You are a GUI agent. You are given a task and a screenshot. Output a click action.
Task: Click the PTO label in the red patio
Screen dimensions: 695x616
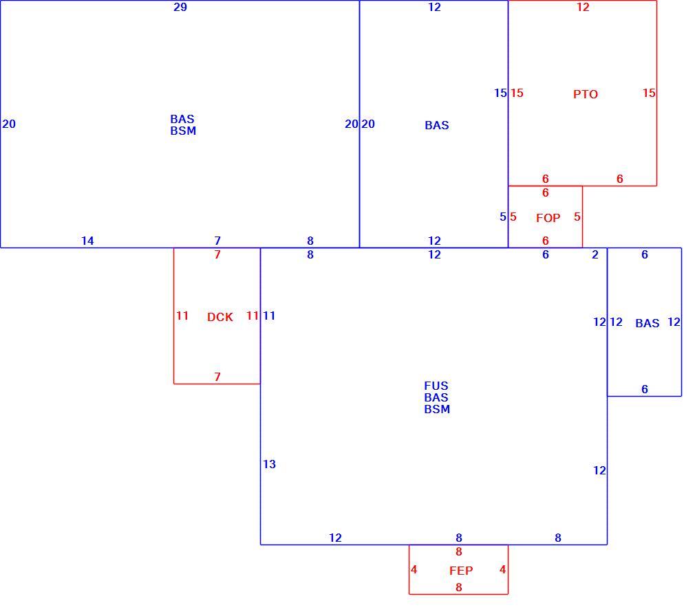585,94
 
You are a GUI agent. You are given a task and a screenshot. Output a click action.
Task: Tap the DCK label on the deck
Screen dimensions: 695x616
220,317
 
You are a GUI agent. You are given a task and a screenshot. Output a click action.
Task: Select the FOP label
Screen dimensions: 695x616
548,218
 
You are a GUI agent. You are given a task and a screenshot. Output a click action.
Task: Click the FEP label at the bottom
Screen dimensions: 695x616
461,571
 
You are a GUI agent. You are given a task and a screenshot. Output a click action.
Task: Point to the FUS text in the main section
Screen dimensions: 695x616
436,386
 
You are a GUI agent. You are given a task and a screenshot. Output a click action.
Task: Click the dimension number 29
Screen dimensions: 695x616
180,7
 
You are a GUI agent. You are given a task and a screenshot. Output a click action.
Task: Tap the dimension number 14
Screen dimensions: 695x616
87,241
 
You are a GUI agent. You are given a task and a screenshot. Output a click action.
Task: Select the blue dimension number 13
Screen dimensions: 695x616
270,464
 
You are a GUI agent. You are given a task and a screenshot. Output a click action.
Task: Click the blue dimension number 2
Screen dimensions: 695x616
595,254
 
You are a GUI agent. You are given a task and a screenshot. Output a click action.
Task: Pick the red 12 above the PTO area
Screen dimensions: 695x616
583,7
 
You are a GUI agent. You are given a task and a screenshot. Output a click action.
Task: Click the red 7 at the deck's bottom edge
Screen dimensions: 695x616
217,377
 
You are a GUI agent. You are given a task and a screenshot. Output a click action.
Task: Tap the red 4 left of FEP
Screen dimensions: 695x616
414,569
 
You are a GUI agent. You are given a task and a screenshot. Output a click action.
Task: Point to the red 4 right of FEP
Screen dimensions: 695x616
502,569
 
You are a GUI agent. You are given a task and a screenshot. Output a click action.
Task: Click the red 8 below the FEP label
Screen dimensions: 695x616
459,587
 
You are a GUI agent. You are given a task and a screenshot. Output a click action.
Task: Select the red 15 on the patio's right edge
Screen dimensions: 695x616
649,93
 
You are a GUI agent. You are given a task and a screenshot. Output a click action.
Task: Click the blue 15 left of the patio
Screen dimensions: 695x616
500,93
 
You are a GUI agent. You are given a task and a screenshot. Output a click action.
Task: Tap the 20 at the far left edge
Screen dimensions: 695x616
9,124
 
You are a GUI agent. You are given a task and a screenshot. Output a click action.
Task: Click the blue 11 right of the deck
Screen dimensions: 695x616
269,316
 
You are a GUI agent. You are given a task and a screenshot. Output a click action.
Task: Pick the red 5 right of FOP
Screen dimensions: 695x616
577,217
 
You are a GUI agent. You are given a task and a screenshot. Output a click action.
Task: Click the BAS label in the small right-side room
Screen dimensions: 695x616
647,323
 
